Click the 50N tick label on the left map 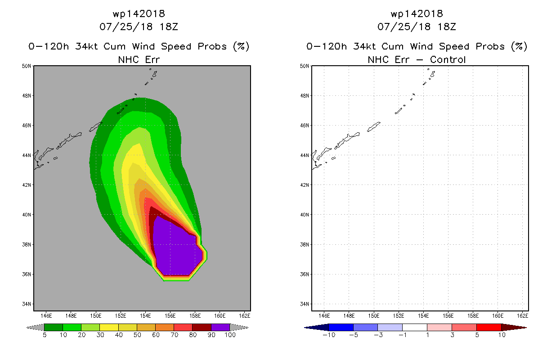[27, 66]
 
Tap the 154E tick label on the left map [145, 316]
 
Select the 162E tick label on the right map [523, 316]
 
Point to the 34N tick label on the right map [305, 304]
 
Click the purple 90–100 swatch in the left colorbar [220, 327]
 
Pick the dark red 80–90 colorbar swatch [202, 327]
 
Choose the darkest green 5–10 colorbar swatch [54, 327]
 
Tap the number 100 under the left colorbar [230, 335]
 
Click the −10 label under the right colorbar [329, 335]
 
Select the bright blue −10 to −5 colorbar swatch [341, 327]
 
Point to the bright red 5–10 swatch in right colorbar [489, 327]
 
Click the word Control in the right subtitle [448, 59]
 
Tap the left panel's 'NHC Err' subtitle [139, 59]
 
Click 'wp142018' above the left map [139, 14]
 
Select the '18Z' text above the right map [447, 27]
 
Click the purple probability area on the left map [176, 251]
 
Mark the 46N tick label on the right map [305, 126]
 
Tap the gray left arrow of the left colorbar [35, 327]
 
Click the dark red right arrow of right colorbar [514, 328]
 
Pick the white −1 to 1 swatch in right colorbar [415, 327]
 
